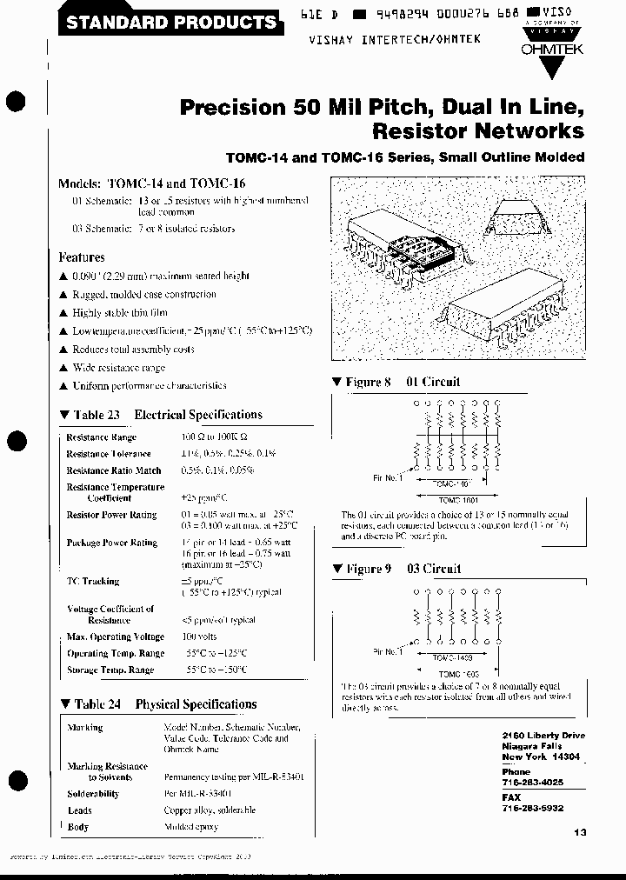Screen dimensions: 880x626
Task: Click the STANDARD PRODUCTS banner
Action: tap(171, 22)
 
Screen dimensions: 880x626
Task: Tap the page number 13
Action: tap(581, 832)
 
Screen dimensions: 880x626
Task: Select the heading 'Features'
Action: tap(82, 257)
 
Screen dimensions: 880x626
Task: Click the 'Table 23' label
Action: tap(90, 415)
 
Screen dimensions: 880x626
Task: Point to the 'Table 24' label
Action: tap(90, 704)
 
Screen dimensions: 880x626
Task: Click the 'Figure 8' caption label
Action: tap(362, 382)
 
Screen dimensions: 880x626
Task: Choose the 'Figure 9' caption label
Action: tap(362, 569)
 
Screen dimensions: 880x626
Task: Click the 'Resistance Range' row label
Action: tap(101, 437)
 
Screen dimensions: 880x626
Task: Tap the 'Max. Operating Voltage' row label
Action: tap(116, 637)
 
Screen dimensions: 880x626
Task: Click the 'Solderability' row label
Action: tap(93, 794)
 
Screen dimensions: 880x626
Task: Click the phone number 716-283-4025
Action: tap(532, 783)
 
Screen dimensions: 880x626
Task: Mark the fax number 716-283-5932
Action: tap(532, 808)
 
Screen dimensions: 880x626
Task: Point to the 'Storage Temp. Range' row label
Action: tap(110, 670)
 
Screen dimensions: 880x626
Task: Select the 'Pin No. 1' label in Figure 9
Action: tap(386, 650)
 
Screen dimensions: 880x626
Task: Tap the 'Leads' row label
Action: tap(80, 810)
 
